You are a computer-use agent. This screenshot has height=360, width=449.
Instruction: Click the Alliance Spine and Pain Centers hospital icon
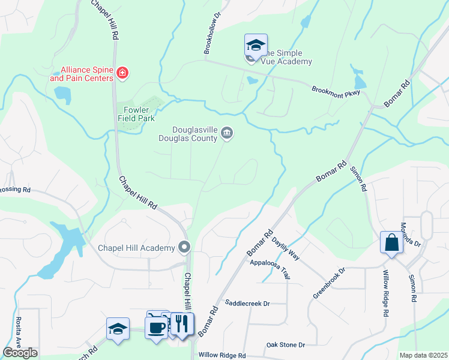tap(122, 73)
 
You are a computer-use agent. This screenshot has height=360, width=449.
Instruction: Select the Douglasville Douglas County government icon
tap(227, 133)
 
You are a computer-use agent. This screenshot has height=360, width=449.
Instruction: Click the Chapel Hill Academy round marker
tap(184, 247)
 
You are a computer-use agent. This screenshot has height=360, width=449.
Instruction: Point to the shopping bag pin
tap(391, 243)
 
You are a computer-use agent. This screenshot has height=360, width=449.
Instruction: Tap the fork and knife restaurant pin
tap(182, 324)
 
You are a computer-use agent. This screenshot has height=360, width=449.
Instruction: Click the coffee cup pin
tap(156, 328)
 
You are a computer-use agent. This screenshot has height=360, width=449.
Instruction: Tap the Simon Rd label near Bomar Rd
tap(358, 179)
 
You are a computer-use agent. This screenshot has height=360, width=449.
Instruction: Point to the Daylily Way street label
tap(286, 247)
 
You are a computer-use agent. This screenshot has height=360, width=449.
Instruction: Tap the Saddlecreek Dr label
tap(247, 304)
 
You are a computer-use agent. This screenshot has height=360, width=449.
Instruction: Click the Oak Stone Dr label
tap(286, 345)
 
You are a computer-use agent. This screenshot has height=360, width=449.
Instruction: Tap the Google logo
tap(20, 353)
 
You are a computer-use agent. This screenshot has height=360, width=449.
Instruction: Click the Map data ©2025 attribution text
tap(423, 355)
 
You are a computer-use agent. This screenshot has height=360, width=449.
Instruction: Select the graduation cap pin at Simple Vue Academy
tap(255, 46)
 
